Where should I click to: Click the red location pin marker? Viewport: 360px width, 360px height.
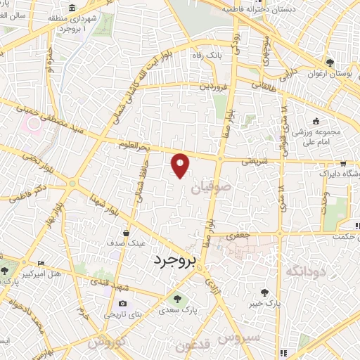coord(181,165)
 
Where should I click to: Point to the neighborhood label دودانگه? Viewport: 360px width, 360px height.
coord(307,270)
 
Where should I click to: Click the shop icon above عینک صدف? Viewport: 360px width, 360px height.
coord(126,232)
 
